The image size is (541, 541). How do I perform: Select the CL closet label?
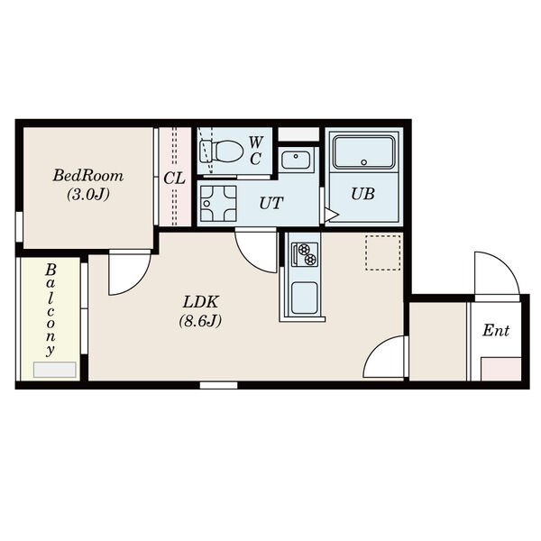pyautogui.click(x=174, y=179)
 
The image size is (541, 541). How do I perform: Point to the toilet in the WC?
pyautogui.click(x=222, y=151)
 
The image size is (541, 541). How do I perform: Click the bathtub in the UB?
pyautogui.click(x=363, y=152)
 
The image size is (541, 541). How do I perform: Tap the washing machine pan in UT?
pyautogui.click(x=218, y=204)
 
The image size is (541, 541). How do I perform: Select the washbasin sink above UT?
pyautogui.click(x=296, y=159)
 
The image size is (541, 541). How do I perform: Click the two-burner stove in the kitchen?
pyautogui.click(x=305, y=254)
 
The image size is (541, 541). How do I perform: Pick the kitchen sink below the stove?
pyautogui.click(x=305, y=298)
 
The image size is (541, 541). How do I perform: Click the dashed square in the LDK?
pyautogui.click(x=383, y=252)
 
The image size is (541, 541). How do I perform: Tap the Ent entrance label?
pyautogui.click(x=496, y=330)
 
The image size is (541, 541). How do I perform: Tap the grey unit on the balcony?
pyautogui.click(x=54, y=370)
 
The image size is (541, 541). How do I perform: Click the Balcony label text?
pyautogui.click(x=50, y=309)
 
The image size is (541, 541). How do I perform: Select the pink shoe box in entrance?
pyautogui.click(x=501, y=369)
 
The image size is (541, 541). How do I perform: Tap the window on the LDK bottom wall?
pyautogui.click(x=219, y=385)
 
